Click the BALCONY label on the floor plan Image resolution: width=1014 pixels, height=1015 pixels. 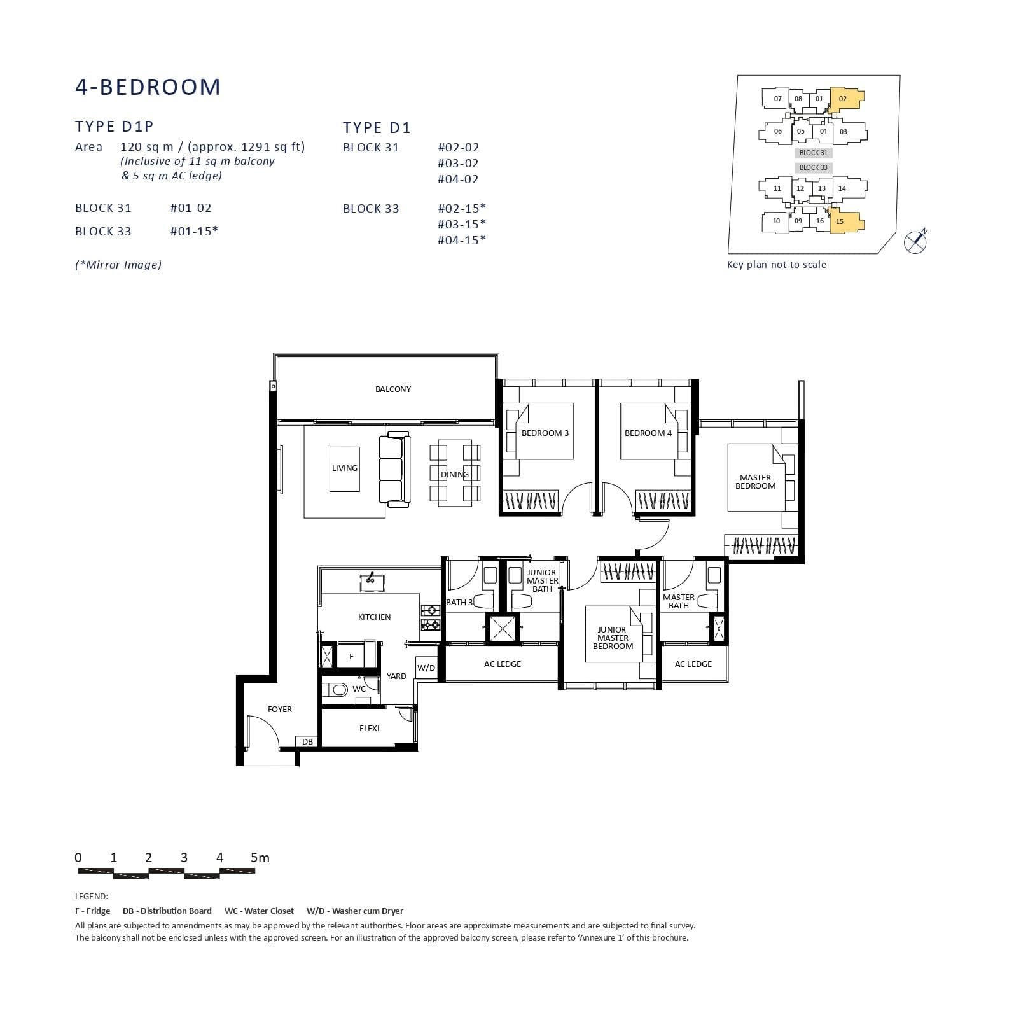coord(392,389)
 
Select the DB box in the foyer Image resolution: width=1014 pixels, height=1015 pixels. coord(307,741)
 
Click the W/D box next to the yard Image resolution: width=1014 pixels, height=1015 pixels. coord(426,668)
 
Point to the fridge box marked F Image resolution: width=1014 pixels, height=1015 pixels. coord(351,656)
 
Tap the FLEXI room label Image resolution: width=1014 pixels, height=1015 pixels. coord(369,728)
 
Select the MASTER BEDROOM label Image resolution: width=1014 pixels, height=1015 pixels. coord(755,482)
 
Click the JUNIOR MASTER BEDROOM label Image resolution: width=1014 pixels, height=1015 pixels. coord(613,638)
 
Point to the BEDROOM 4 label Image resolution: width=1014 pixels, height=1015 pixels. coord(648,433)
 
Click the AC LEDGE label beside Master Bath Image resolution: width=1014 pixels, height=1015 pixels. coord(693,664)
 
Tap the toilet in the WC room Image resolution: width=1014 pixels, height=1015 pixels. coord(336,689)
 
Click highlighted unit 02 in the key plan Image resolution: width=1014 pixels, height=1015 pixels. coord(844,99)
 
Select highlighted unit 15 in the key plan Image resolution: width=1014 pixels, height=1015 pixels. coord(842,221)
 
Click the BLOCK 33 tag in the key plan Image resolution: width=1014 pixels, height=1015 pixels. coord(813,167)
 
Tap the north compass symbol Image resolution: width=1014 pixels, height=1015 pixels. coord(915,241)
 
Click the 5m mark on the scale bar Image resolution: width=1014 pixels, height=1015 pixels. coord(260,858)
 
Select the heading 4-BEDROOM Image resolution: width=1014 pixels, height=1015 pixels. coord(148,87)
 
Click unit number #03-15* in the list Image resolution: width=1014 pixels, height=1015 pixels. coord(461,224)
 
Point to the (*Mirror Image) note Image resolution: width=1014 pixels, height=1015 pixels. coord(118,265)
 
